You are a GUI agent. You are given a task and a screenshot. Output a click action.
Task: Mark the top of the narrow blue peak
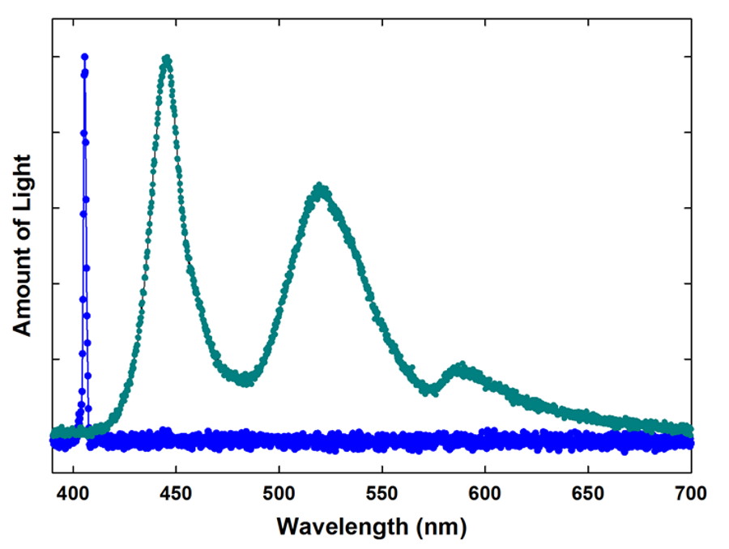pyautogui.click(x=84, y=57)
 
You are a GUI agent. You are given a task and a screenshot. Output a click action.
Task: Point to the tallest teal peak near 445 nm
pyautogui.click(x=166, y=58)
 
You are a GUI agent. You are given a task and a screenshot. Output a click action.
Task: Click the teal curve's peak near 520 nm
pyautogui.click(x=321, y=188)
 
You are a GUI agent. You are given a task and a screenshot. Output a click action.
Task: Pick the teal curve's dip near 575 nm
pyautogui.click(x=430, y=391)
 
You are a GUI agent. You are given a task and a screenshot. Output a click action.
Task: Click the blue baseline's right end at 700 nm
pyautogui.click(x=689, y=442)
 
